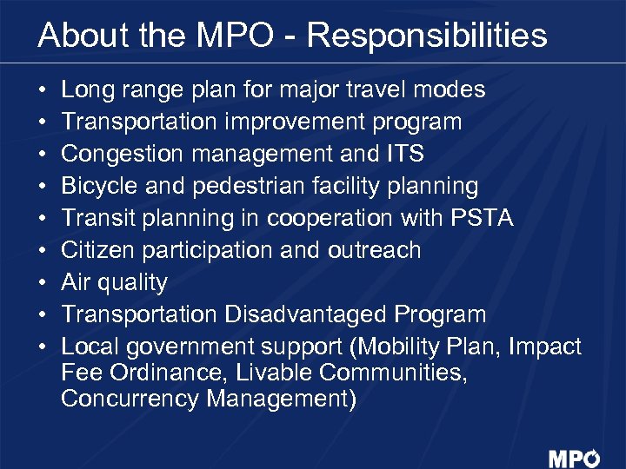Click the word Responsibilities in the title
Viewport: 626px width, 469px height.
(427, 36)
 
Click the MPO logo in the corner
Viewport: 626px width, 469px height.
(574, 459)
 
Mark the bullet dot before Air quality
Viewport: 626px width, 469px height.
(43, 283)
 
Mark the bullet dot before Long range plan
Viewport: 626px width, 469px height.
(43, 90)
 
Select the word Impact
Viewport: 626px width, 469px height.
(545, 347)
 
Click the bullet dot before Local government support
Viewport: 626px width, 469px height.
(43, 347)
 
